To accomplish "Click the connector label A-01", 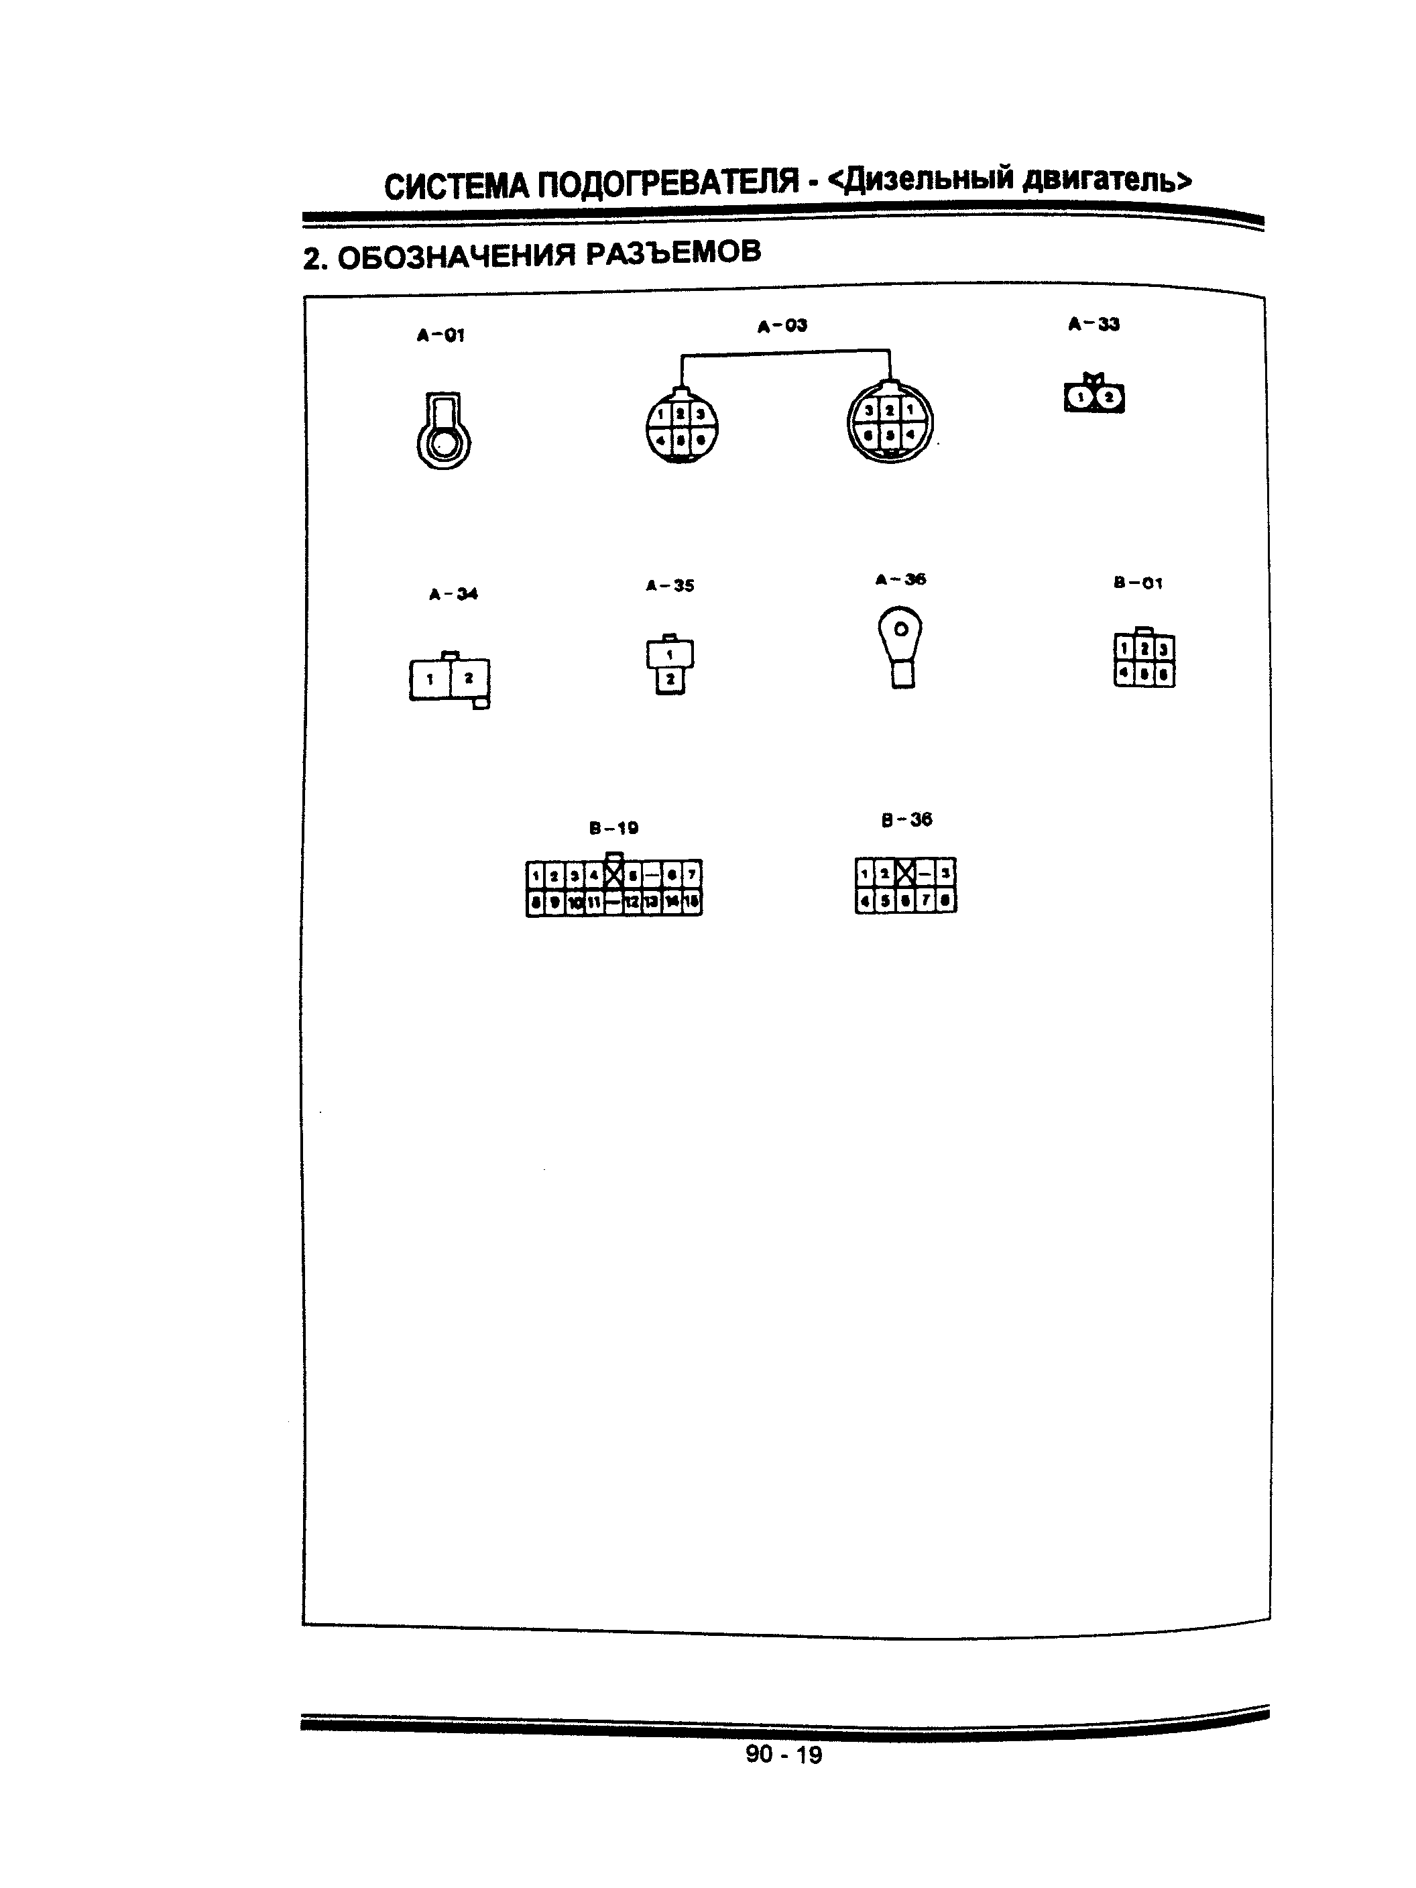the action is tap(440, 335).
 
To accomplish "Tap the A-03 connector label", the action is tap(782, 325).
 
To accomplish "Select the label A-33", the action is tap(1094, 323).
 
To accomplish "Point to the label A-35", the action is tap(670, 585).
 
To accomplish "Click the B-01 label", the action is tap(1138, 583).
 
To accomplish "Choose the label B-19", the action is tap(613, 827).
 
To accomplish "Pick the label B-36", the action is tap(906, 819).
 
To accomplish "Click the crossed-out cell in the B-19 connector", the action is tap(613, 874).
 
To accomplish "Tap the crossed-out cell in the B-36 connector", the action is tap(906, 873).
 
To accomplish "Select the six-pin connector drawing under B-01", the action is tap(1144, 660).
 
